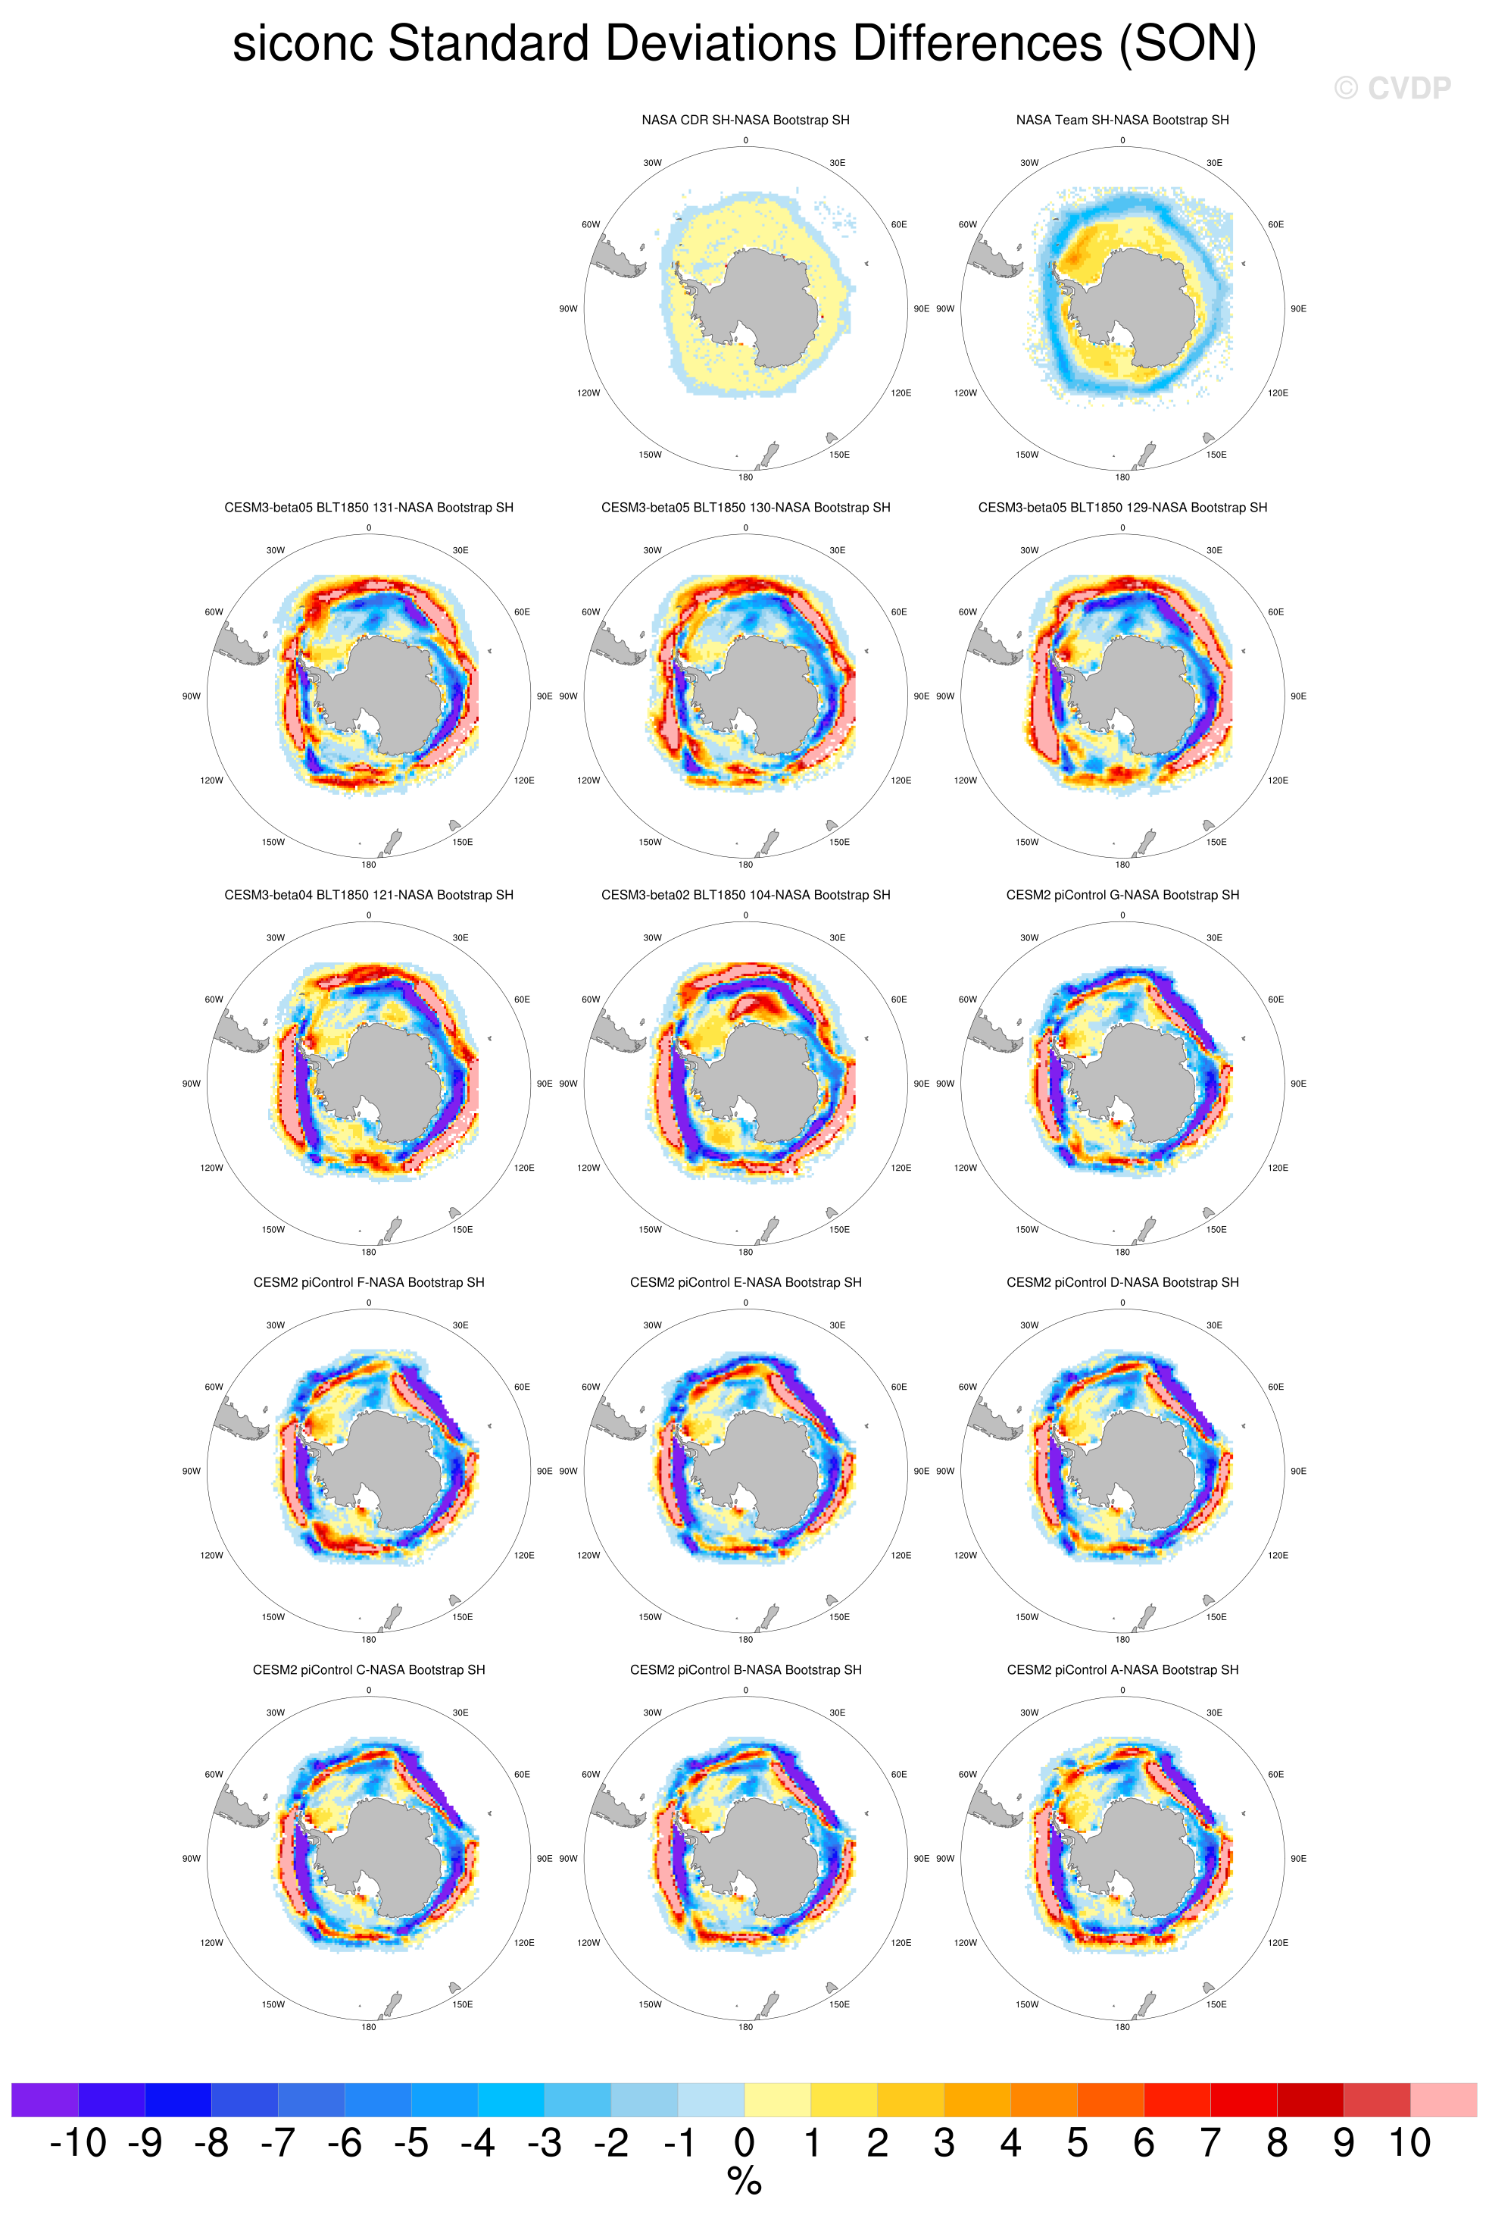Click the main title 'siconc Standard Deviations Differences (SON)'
[744, 44]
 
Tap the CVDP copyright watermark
[1392, 89]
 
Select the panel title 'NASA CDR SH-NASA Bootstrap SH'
[745, 120]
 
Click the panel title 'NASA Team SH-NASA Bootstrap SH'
[1122, 120]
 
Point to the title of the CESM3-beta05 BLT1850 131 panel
[368, 507]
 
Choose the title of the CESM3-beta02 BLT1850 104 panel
[745, 895]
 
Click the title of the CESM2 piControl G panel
[1122, 895]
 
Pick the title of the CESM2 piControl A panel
[1122, 1670]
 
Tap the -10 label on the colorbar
[78, 2144]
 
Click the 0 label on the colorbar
[744, 2144]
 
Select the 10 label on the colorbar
[1410, 2144]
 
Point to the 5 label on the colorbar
[1077, 2144]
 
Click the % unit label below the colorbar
[744, 2182]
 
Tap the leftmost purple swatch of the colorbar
[45, 2099]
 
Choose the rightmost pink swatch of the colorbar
[1444, 2099]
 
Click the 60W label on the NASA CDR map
[591, 225]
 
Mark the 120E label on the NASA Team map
[1278, 393]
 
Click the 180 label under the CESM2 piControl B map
[745, 2027]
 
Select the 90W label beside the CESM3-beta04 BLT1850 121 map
[192, 1084]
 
